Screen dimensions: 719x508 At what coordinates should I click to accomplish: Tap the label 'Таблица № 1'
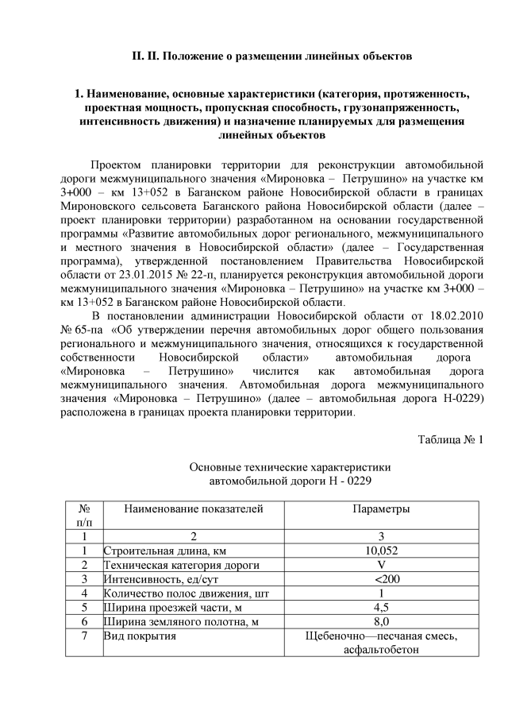coord(449,439)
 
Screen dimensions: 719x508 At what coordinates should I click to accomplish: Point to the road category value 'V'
coord(381,564)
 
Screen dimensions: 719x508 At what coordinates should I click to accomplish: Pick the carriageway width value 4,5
coord(381,607)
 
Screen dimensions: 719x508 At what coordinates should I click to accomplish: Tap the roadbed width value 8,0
coord(381,621)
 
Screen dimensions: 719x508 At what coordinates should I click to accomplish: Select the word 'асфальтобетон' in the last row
coord(381,649)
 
